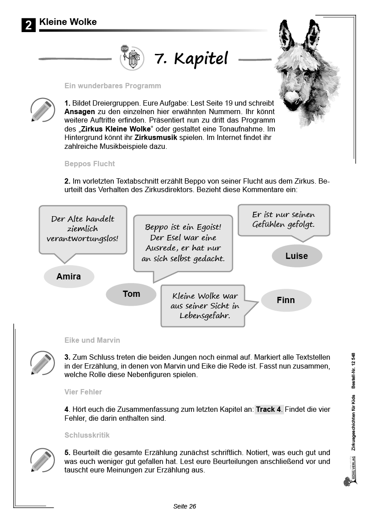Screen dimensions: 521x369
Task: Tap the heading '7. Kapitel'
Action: click(191, 58)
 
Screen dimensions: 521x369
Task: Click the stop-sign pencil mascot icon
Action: click(132, 58)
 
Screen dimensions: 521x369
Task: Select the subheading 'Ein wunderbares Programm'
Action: click(112, 86)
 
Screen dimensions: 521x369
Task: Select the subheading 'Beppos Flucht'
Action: click(90, 164)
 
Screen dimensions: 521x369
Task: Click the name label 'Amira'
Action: click(69, 277)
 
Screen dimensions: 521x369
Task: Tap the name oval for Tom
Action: click(131, 294)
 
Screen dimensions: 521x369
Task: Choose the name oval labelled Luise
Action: click(297, 256)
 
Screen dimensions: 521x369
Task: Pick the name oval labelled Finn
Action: click(286, 300)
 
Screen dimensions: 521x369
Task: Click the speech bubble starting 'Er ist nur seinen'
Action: click(283, 220)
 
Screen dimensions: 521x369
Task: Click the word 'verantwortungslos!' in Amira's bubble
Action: click(83, 238)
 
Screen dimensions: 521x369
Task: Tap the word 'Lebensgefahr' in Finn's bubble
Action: click(205, 315)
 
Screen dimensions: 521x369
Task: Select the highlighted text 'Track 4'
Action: click(269, 409)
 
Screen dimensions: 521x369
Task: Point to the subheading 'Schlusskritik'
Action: click(87, 435)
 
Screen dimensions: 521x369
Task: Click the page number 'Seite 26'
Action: click(185, 506)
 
